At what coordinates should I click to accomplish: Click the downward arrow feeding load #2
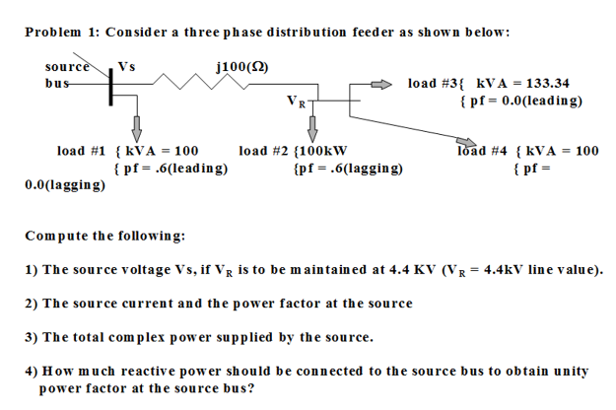(313, 126)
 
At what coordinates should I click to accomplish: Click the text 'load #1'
(82, 151)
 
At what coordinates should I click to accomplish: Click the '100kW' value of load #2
(321, 151)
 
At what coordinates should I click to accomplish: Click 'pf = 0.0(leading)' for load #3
(521, 101)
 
